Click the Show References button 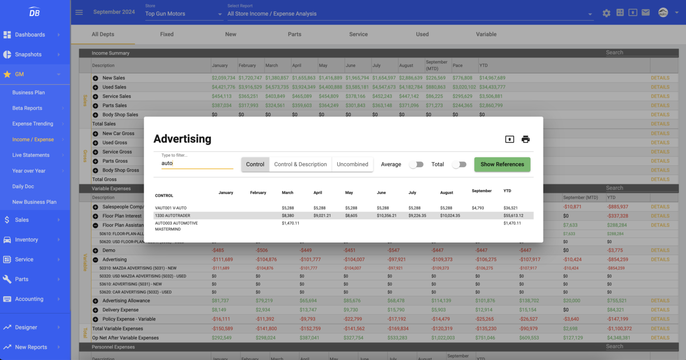[502, 164]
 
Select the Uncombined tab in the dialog [352, 164]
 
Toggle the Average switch [416, 164]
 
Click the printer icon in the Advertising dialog [526, 139]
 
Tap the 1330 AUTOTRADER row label [172, 216]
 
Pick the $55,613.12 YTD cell [513, 216]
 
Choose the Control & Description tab [300, 164]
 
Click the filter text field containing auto [197, 163]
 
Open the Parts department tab [294, 34]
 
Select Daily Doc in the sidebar [23, 186]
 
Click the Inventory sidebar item [26, 240]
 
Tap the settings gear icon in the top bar [606, 13]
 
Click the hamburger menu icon [79, 13]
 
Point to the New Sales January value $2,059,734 [223, 78]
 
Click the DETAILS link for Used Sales [660, 87]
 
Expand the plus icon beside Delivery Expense [95, 310]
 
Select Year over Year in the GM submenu [29, 171]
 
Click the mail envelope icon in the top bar [645, 13]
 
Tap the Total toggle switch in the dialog [459, 164]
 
